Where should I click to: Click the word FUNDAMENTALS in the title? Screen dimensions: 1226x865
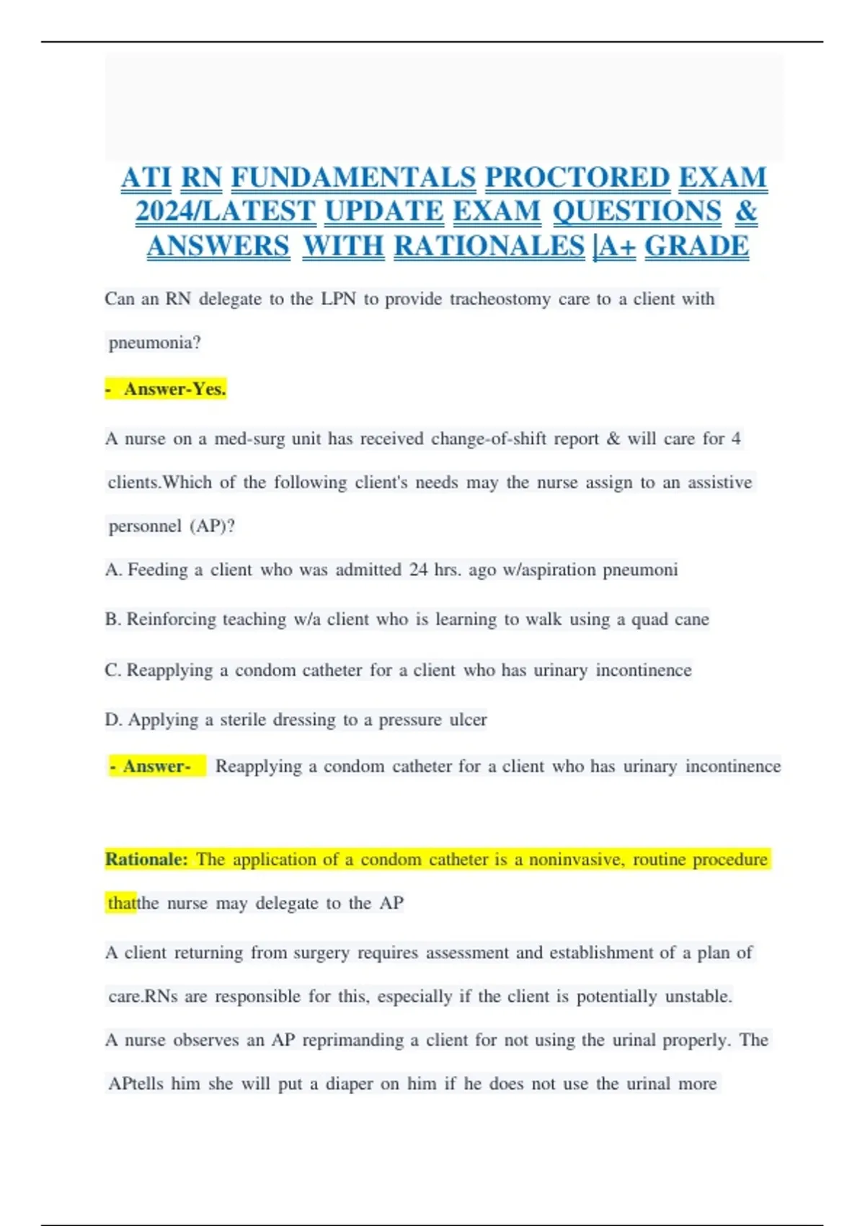pos(353,177)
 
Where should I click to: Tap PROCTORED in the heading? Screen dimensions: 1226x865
pos(577,177)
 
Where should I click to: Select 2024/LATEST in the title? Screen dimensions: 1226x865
pos(226,211)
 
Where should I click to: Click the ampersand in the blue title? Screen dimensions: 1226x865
pos(746,211)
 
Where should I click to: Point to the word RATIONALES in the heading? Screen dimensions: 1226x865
pos(489,246)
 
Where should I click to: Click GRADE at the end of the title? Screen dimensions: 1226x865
pos(696,246)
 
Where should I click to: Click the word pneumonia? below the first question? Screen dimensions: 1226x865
pos(154,343)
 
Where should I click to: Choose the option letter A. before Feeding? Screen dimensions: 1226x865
pos(114,570)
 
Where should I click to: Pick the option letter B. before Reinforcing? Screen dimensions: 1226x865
pos(113,619)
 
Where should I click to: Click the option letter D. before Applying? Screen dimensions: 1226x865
pos(114,720)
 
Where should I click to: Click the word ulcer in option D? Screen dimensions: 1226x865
pos(469,720)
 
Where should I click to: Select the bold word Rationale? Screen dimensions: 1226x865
pos(146,860)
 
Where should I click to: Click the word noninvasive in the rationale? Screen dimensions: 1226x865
pos(577,860)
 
